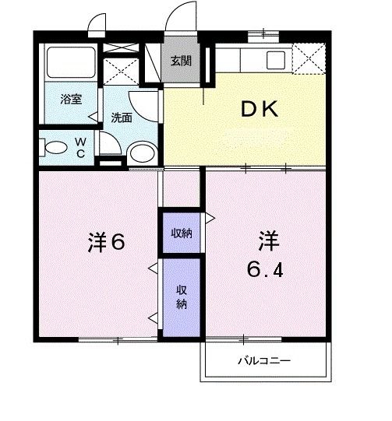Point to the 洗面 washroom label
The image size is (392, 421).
click(121, 118)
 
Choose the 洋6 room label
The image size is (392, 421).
click(105, 242)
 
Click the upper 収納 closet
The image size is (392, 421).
click(182, 232)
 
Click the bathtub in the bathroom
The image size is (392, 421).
click(70, 62)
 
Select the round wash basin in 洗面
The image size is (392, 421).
click(141, 152)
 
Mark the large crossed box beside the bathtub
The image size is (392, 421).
click(121, 68)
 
